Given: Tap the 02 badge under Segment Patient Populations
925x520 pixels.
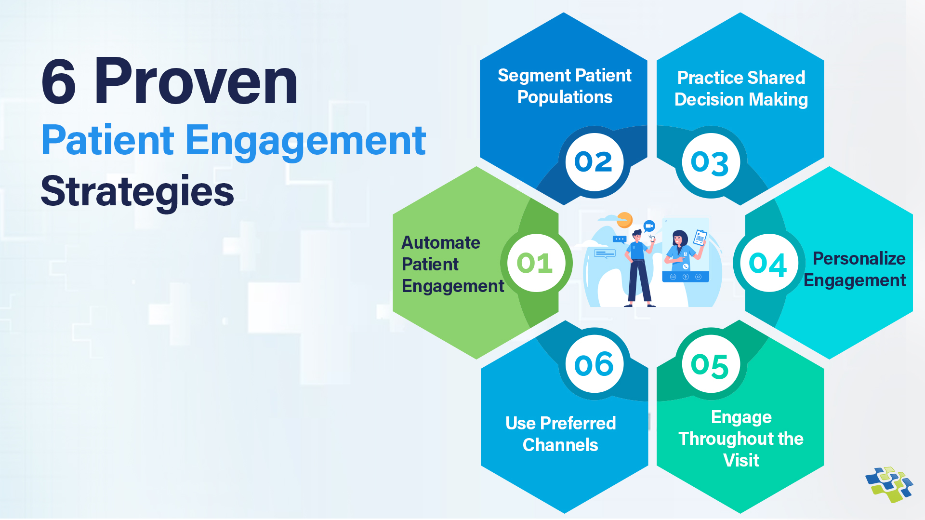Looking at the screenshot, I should (594, 162).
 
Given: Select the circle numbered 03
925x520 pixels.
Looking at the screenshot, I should (711, 162).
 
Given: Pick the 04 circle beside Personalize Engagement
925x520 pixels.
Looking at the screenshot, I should (768, 264).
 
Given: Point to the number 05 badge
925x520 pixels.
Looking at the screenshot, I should (711, 365).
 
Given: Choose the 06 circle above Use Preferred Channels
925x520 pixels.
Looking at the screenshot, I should (594, 364).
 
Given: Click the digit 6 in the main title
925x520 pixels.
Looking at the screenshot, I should (59, 82).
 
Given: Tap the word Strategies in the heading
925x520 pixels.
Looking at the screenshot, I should (137, 191).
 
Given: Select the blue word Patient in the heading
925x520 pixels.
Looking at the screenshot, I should (107, 140).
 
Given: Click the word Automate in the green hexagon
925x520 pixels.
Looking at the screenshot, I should (440, 242).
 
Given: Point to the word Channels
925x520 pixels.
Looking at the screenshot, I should (560, 445).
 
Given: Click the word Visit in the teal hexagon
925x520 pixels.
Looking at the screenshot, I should (741, 460).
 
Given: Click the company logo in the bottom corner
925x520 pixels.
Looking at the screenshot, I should (889, 484).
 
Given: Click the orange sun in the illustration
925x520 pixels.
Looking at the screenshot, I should (625, 220).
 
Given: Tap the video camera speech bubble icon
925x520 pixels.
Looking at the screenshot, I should (649, 226).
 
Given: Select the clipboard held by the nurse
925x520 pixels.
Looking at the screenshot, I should (700, 238).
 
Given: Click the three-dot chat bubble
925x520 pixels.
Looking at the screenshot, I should (619, 239).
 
